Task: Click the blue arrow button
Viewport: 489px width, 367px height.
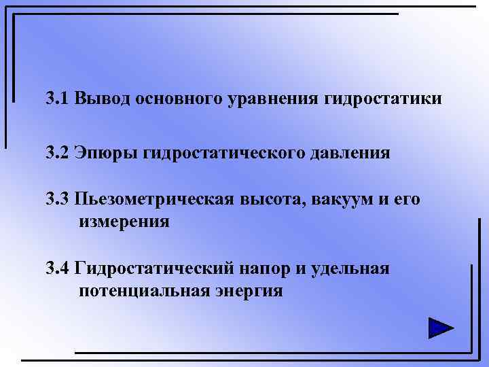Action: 441,328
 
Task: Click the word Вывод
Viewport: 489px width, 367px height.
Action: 103,99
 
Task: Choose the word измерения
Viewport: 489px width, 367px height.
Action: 124,222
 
